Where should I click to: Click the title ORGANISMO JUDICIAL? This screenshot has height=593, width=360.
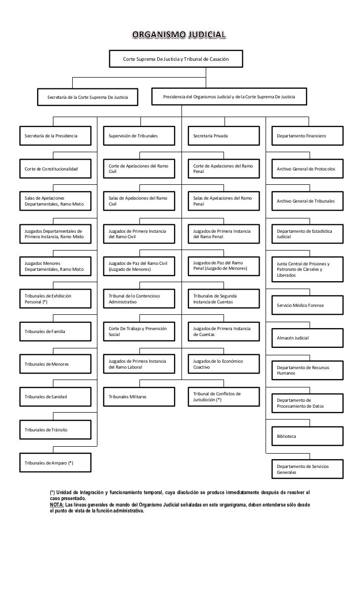(180, 34)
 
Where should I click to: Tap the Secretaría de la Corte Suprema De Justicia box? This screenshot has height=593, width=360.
(87, 97)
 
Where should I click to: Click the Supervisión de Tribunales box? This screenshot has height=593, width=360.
(139, 135)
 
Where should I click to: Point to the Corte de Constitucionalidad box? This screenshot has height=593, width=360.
(55, 169)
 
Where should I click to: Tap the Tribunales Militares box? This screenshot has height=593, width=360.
(139, 396)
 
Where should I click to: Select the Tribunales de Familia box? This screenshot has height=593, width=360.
(55, 331)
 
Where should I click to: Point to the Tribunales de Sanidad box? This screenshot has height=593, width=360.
(55, 396)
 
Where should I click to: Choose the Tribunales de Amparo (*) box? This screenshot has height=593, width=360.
(55, 463)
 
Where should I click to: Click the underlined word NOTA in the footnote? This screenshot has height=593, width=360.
(56, 505)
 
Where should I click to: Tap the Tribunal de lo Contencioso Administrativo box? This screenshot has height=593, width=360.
(139, 299)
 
